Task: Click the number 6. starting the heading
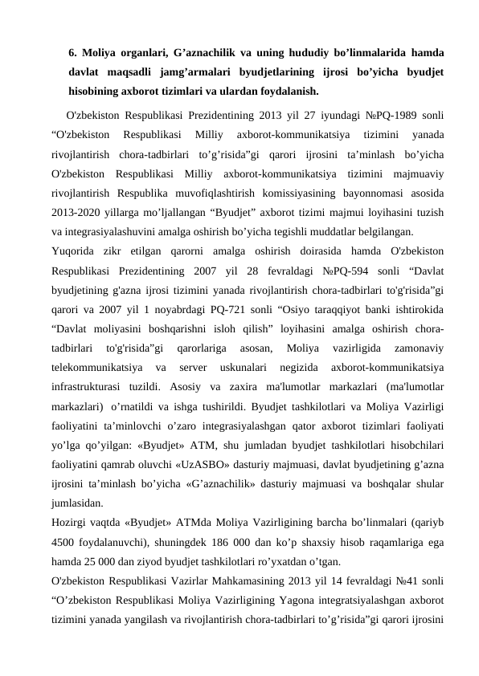click(x=73, y=54)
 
